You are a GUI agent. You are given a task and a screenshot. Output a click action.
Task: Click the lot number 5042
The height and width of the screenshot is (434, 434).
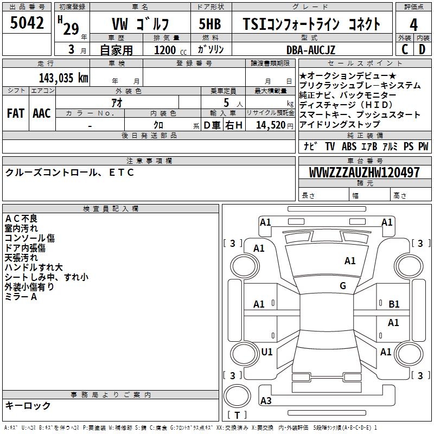pos(27,23)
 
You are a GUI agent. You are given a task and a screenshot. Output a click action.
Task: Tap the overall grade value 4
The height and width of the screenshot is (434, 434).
pos(413,24)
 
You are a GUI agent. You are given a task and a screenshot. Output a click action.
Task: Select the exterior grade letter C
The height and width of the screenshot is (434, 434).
pos(404,49)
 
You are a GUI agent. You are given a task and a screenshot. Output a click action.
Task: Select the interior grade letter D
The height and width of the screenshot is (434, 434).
pos(422,49)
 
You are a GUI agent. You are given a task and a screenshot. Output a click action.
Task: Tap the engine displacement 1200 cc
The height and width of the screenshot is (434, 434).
pos(169,50)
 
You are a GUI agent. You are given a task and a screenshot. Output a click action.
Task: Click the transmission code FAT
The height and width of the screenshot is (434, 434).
pos(15,113)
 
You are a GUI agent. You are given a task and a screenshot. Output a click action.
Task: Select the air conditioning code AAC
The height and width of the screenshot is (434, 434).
pos(41,113)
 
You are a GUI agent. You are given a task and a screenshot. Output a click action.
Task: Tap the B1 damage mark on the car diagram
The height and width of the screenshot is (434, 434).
pos(394,304)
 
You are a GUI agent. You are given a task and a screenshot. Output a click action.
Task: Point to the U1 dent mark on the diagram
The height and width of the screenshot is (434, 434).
pos(266,352)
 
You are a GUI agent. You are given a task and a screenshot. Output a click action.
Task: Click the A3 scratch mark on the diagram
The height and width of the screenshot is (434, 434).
pos(266,401)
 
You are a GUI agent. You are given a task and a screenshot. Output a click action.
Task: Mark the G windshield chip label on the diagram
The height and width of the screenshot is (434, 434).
pos(343,286)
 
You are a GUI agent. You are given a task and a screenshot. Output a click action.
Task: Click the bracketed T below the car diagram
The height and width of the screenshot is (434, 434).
pos(237,416)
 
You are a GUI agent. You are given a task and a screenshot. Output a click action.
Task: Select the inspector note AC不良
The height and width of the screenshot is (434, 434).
pos(21,219)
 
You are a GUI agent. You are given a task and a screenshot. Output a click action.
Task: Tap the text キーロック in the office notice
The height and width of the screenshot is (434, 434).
pos(28,406)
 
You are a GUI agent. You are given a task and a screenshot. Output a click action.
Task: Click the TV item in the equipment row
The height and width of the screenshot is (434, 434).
pos(330,146)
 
